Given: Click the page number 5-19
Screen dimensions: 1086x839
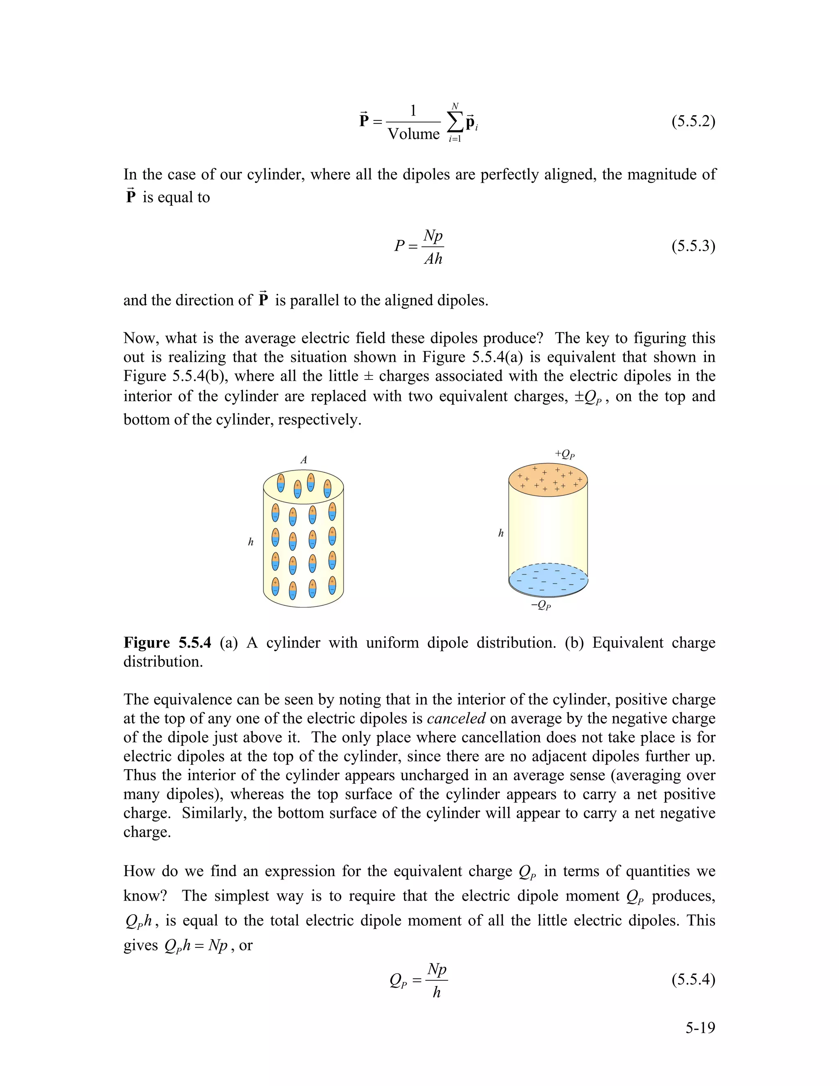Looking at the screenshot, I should [x=700, y=1028].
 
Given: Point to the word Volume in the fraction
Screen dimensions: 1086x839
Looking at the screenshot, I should [x=413, y=134].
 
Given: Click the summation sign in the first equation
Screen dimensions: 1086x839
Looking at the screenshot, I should [x=454, y=122].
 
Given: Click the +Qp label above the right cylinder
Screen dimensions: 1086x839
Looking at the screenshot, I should [x=565, y=454].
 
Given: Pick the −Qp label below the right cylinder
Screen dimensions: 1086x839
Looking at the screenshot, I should [x=541, y=605].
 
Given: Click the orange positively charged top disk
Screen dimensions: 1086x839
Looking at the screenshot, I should [x=548, y=480].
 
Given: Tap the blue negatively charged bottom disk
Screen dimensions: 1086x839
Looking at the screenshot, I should [x=548, y=580].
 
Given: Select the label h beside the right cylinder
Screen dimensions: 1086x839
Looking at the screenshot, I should [x=501, y=534].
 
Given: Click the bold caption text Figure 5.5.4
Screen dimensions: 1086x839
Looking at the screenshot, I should [x=167, y=643].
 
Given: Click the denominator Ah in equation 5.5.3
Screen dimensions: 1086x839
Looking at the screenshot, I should [x=433, y=259].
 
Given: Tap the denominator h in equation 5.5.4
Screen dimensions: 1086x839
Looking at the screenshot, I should [x=436, y=993].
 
